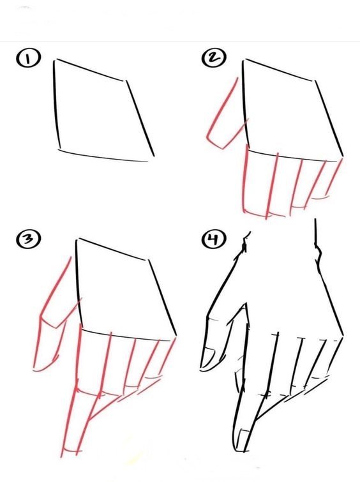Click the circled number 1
pos(27,58)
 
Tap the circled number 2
pos(214,58)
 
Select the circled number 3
pos(28,239)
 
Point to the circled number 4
pos(214,239)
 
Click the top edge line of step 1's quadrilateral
pos(89,70)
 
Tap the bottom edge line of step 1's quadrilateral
pos(103,156)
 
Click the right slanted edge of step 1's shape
pos(140,118)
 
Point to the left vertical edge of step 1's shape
pos(56,105)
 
